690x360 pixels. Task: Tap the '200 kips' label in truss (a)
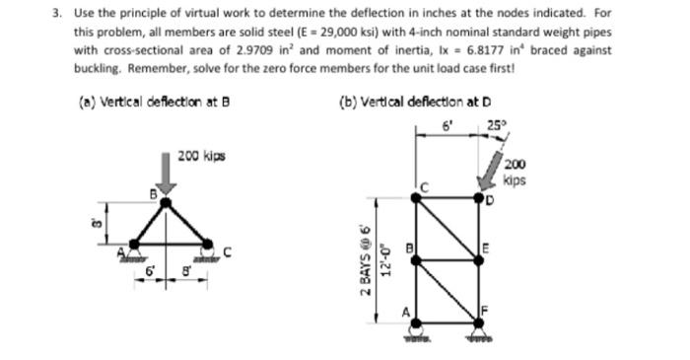[201, 155]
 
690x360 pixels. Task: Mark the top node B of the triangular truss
[166, 204]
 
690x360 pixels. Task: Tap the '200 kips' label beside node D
[516, 174]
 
